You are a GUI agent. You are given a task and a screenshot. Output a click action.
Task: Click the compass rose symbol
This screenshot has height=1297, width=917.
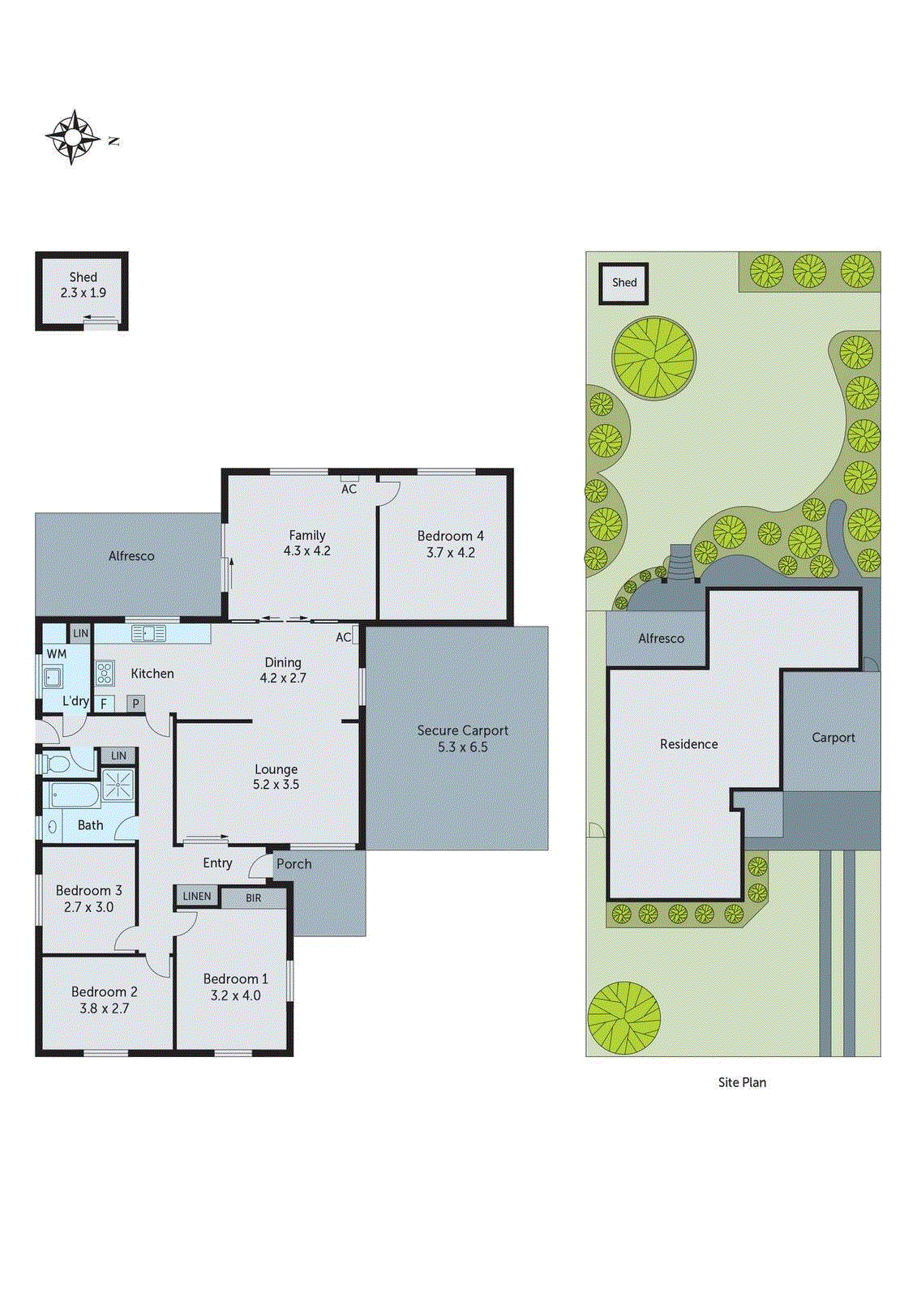pyautogui.click(x=72, y=137)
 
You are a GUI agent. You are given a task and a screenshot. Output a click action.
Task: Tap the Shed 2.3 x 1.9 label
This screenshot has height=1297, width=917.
pyautogui.click(x=83, y=285)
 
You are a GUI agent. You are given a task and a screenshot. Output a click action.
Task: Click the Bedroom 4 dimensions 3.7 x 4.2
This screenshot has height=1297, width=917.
pyautogui.click(x=450, y=553)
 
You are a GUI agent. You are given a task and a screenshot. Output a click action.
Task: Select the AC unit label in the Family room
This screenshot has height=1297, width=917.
pyautogui.click(x=349, y=489)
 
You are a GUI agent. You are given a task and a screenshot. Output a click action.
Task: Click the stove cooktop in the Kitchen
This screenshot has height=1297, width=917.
pyautogui.click(x=105, y=674)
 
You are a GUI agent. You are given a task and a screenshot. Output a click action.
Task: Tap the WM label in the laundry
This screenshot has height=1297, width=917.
pyautogui.click(x=57, y=653)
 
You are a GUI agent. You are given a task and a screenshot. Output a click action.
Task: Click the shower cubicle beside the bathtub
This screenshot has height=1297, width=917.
pyautogui.click(x=118, y=785)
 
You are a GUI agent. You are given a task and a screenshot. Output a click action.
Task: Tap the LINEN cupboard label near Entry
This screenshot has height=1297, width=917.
pyautogui.click(x=197, y=896)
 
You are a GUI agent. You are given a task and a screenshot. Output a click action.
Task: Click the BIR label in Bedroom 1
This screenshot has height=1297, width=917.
pyautogui.click(x=254, y=898)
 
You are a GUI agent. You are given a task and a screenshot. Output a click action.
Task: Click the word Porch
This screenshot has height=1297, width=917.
pyautogui.click(x=294, y=864)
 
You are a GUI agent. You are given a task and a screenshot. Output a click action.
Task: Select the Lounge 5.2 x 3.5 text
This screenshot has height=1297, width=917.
pyautogui.click(x=276, y=777)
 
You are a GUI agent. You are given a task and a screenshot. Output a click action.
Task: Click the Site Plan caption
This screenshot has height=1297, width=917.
pyautogui.click(x=741, y=1082)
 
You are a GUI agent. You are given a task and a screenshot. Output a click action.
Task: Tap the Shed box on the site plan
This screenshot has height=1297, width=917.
pyautogui.click(x=623, y=283)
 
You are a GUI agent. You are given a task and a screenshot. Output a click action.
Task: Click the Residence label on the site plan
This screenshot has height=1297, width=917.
pyautogui.click(x=688, y=744)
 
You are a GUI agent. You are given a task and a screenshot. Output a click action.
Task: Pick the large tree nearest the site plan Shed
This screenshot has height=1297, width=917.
pyautogui.click(x=653, y=357)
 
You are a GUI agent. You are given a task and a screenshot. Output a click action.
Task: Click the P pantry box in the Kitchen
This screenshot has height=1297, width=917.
pyautogui.click(x=135, y=704)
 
